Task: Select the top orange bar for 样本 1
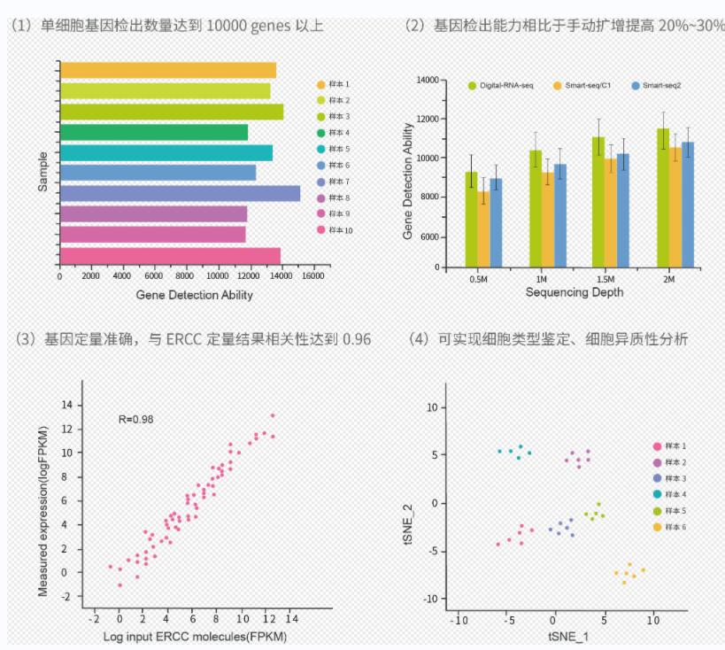[x=167, y=70]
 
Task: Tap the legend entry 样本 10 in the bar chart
[x=340, y=230]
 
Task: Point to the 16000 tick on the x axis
[x=309, y=276]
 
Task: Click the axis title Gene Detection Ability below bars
[x=194, y=295]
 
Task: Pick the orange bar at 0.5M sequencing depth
[x=483, y=229]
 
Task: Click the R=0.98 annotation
[x=136, y=419]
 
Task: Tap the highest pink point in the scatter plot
[x=273, y=415]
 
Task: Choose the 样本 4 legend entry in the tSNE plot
[x=676, y=494]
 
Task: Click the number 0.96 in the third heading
[x=356, y=339]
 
